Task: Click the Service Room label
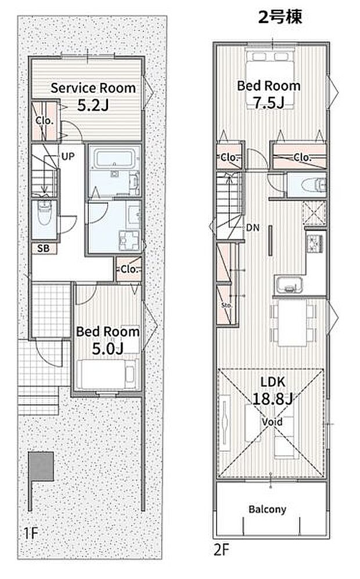(x=93, y=88)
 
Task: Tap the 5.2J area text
(x=93, y=106)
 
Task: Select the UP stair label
(x=68, y=157)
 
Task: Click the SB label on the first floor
(x=44, y=249)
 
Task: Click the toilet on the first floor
(x=44, y=214)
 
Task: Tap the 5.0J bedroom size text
(x=107, y=348)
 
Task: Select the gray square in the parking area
(x=41, y=466)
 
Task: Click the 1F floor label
(x=31, y=533)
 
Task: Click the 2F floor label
(x=222, y=550)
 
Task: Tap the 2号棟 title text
(x=280, y=17)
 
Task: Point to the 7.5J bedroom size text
(x=269, y=103)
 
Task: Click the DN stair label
(x=253, y=228)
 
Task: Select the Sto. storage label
(x=226, y=305)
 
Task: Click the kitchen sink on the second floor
(x=289, y=285)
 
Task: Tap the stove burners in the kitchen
(x=315, y=242)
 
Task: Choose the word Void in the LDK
(x=272, y=422)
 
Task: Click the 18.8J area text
(x=272, y=399)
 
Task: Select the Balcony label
(x=267, y=509)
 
